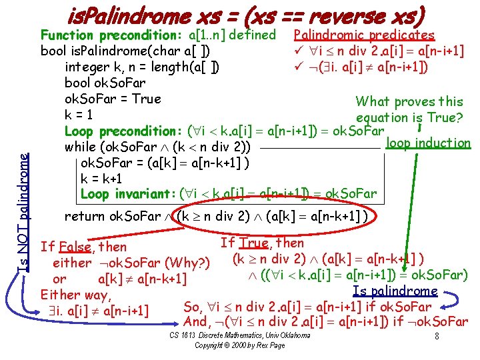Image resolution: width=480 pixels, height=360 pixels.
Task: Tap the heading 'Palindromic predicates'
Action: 364,35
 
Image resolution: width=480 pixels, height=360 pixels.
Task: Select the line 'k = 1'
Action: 78,114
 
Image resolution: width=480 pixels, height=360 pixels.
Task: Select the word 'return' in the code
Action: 84,216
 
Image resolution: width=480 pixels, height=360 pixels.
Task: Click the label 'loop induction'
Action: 428,143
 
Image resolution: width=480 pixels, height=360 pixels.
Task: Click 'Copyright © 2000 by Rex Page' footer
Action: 239,345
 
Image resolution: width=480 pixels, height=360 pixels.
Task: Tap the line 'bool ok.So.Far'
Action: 105,83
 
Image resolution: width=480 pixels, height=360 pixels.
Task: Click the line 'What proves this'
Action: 409,102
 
